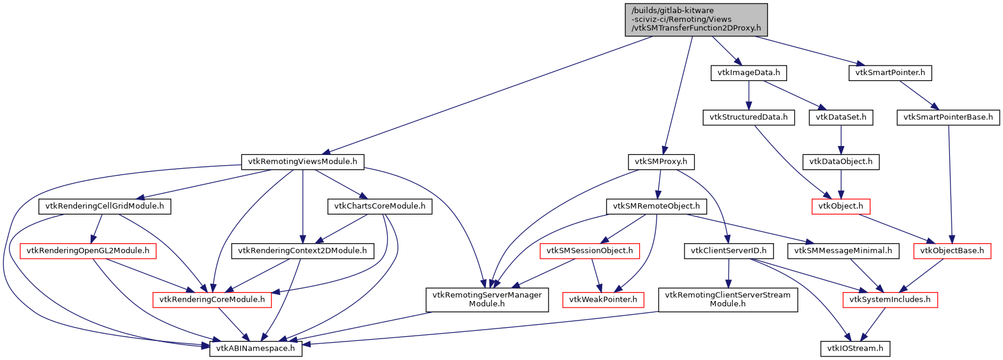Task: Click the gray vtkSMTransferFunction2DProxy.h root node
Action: pyautogui.click(x=696, y=20)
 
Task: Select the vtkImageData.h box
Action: pyautogui.click(x=748, y=73)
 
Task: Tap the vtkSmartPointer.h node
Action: pyautogui.click(x=890, y=73)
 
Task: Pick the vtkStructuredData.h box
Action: pyautogui.click(x=748, y=117)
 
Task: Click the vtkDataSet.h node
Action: pyautogui.click(x=841, y=117)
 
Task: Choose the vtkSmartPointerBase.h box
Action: pyautogui.click(x=948, y=117)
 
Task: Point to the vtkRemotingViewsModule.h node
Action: pyautogui.click(x=302, y=162)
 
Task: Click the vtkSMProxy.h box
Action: pyautogui.click(x=661, y=162)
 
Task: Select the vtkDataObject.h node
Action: pyautogui.click(x=841, y=162)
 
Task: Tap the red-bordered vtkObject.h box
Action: pyautogui.click(x=841, y=206)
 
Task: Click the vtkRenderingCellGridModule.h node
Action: pyautogui.click(x=104, y=206)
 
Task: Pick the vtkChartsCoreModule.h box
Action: pyautogui.click(x=380, y=206)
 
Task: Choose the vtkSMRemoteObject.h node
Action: pyautogui.click(x=657, y=206)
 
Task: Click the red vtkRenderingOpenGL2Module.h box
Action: pyautogui.click(x=88, y=251)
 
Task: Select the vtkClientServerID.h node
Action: pyautogui.click(x=728, y=251)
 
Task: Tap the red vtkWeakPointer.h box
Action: pyautogui.click(x=603, y=300)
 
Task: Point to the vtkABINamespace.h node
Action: pyautogui.click(x=255, y=349)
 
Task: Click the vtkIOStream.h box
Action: pyautogui.click(x=855, y=349)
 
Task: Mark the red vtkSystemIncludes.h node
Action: pyautogui.click(x=890, y=300)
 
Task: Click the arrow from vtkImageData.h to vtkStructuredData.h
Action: pyautogui.click(x=748, y=95)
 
